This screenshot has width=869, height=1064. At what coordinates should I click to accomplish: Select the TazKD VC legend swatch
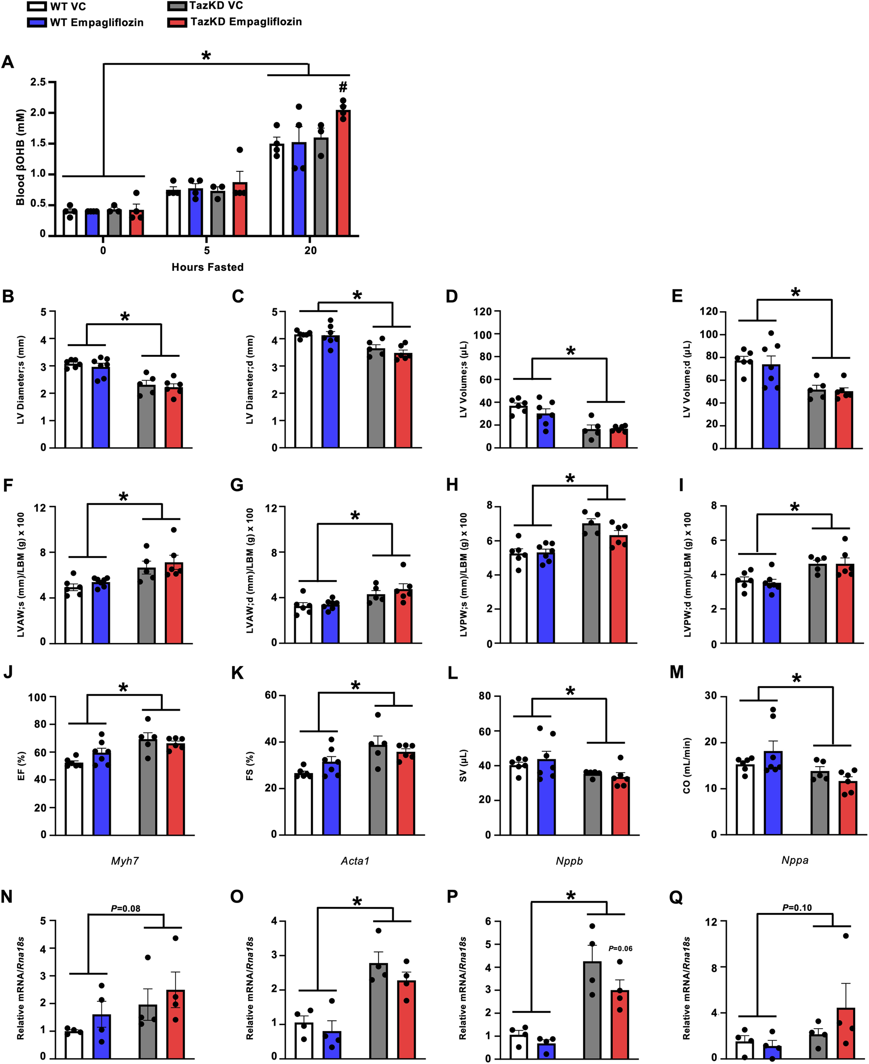(x=177, y=6)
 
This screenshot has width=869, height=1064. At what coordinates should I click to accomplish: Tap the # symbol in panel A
(x=343, y=87)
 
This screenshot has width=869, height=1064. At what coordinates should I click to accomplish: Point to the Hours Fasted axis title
(x=207, y=267)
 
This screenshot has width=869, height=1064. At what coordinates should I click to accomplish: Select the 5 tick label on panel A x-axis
(x=207, y=250)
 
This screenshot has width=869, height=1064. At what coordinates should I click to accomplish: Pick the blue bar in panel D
(x=546, y=430)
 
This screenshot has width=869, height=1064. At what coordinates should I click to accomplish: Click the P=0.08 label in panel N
(x=125, y=908)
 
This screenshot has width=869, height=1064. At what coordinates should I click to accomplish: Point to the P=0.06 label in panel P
(x=620, y=948)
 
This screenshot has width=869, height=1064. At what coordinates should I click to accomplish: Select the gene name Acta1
(x=355, y=861)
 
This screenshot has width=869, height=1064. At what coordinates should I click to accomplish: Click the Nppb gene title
(x=569, y=861)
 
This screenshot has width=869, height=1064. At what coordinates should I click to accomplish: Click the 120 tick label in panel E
(x=709, y=312)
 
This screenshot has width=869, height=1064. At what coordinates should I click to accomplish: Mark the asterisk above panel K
(x=356, y=686)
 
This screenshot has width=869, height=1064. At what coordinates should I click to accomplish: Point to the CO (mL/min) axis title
(x=686, y=766)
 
